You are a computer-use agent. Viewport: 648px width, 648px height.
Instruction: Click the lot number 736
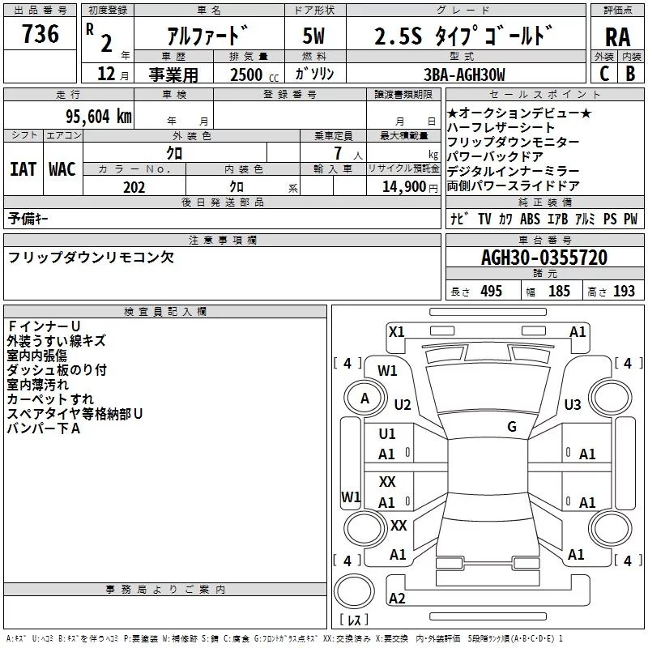[40, 35]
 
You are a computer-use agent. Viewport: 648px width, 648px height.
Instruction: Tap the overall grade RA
[617, 36]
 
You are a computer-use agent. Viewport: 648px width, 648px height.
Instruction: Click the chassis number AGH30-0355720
[544, 258]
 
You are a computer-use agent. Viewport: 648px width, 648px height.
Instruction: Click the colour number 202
[134, 187]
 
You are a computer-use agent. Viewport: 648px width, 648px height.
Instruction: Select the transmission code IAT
[23, 169]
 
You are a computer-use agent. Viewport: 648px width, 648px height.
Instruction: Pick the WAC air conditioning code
[62, 169]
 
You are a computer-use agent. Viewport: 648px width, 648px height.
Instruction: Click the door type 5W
[314, 36]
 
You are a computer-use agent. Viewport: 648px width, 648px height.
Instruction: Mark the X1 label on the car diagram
[396, 331]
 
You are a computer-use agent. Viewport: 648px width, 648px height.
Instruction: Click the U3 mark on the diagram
[573, 404]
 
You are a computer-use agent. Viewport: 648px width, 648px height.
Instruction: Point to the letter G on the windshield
[511, 427]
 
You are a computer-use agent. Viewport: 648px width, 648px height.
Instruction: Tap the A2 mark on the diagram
[397, 598]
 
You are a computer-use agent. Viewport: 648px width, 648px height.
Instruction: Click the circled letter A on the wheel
[364, 398]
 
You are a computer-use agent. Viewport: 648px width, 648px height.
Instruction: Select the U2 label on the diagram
[403, 404]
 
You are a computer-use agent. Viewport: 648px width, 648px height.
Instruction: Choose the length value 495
[490, 292]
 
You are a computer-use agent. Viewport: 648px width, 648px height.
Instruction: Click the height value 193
[625, 292]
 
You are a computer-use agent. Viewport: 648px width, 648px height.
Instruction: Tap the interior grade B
[630, 73]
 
